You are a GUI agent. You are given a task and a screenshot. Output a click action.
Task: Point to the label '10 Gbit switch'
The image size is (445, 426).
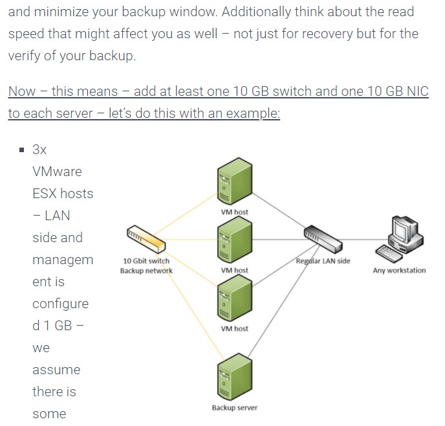(146, 261)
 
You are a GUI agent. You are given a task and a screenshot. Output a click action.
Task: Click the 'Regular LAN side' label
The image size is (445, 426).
(323, 261)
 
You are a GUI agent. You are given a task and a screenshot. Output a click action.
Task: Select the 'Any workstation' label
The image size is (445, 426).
(399, 270)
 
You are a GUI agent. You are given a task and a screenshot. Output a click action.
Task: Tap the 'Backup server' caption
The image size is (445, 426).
(234, 408)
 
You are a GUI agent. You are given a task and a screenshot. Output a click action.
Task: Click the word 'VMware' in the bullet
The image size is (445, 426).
(57, 172)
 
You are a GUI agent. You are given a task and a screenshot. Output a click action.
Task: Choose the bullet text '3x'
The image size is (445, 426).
(39, 150)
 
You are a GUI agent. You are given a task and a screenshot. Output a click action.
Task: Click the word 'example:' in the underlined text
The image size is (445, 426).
(254, 113)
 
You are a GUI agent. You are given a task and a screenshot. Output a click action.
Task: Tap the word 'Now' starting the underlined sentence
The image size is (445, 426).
(22, 91)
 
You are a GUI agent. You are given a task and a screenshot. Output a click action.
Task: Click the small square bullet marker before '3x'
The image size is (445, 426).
(21, 150)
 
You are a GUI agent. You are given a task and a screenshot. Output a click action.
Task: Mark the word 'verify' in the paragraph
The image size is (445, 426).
(26, 56)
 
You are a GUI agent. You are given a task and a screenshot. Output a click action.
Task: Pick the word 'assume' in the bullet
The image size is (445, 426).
(56, 370)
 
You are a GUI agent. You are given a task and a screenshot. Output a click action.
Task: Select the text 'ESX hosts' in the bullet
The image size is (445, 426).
(63, 194)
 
